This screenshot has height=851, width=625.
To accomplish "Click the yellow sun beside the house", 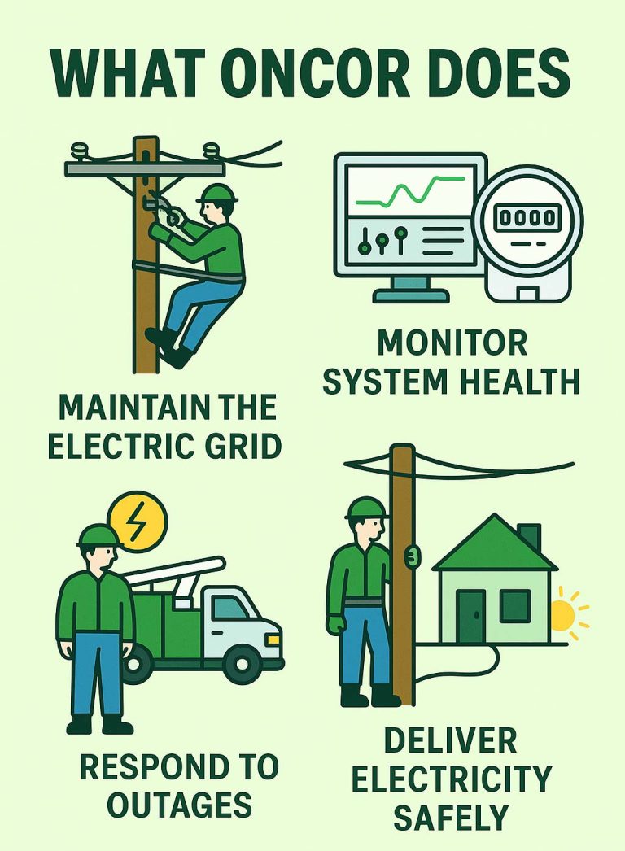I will (x=562, y=616).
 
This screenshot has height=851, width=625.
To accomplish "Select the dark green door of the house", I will (x=470, y=618).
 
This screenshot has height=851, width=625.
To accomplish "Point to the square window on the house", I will (x=514, y=606).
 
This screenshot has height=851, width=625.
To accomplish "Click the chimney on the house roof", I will (x=529, y=536).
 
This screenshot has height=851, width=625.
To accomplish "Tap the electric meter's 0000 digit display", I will (x=528, y=218).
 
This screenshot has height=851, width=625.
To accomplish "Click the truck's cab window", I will (x=230, y=607).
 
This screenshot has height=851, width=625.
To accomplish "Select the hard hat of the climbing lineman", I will (x=217, y=193).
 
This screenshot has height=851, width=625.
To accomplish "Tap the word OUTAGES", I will (x=181, y=805).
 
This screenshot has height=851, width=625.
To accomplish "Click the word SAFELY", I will (x=451, y=815).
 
